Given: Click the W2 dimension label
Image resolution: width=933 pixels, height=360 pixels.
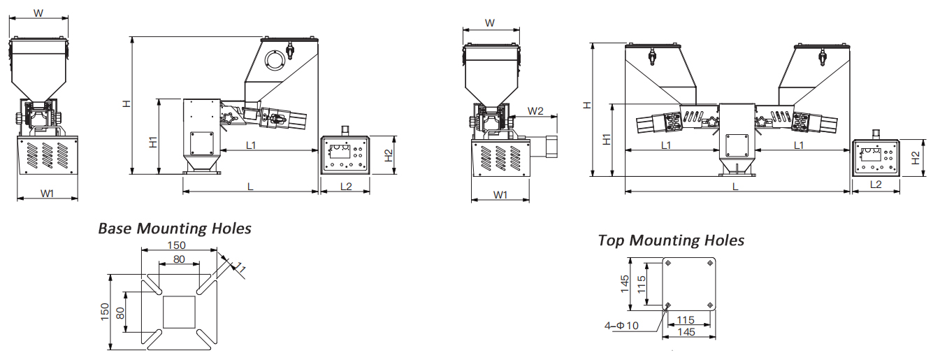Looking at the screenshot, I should [536, 111].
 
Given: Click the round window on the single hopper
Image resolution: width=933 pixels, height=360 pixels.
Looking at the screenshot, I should [271, 61].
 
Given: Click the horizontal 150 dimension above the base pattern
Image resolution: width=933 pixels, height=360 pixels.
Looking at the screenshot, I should [176, 245].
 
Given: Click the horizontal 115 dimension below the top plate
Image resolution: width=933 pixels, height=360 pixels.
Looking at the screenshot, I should [686, 319].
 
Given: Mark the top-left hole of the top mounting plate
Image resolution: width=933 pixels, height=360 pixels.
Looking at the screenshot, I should [669, 264].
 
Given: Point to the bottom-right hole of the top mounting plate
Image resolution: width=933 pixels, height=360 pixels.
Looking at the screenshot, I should [710, 305].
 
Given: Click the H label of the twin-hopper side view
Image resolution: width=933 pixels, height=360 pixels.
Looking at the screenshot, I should [588, 105].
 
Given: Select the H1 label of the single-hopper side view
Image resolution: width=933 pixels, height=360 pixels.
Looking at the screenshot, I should [153, 141].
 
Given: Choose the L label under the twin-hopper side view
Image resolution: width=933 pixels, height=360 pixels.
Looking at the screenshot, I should [735, 186].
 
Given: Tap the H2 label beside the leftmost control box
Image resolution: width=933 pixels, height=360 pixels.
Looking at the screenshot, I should [389, 156].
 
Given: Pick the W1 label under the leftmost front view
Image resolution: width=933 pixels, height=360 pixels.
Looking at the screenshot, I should [47, 194].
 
